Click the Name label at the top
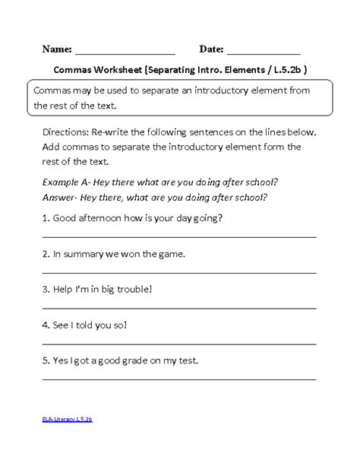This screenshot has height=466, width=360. coord(57,49)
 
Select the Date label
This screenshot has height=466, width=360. coord(210,49)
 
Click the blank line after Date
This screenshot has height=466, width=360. coord(264,54)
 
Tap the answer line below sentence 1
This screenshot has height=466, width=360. coord(179,236)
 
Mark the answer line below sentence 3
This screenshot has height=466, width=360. coord(179,307)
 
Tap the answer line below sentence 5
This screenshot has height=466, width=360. coord(179,379)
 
